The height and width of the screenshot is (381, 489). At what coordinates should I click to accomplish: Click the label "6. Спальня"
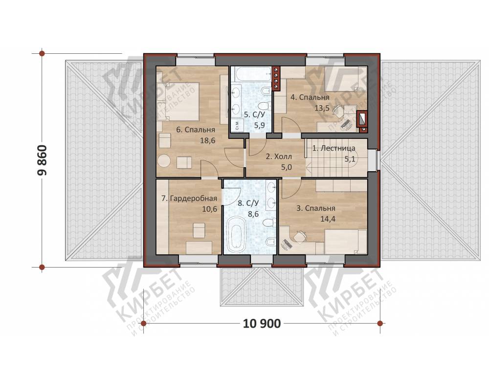click(196, 130)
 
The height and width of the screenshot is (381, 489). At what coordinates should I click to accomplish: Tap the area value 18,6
click(207, 140)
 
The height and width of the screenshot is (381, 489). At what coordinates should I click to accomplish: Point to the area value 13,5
click(322, 108)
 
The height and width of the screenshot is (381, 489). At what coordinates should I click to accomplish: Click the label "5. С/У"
click(254, 114)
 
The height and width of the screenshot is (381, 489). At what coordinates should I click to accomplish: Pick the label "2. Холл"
click(279, 157)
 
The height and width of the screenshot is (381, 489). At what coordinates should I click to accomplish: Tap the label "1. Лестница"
click(333, 149)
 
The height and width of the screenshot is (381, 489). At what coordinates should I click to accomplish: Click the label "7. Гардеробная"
click(189, 199)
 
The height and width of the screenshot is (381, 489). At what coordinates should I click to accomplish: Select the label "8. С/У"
click(248, 203)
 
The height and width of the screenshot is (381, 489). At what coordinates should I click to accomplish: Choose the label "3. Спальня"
click(315, 208)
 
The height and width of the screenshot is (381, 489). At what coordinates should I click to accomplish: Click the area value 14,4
click(328, 219)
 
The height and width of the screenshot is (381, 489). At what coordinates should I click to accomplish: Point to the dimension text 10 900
click(262, 324)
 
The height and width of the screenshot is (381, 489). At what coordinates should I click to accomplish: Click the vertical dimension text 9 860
click(42, 160)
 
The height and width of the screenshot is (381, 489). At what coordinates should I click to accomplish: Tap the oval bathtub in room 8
click(236, 234)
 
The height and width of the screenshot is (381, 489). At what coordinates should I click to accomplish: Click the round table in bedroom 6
click(164, 161)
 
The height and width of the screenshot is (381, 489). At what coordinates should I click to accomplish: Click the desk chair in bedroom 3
click(300, 236)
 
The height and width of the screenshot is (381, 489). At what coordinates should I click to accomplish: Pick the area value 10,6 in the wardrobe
click(210, 209)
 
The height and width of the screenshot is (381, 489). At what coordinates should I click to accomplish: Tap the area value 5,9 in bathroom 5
click(260, 125)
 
